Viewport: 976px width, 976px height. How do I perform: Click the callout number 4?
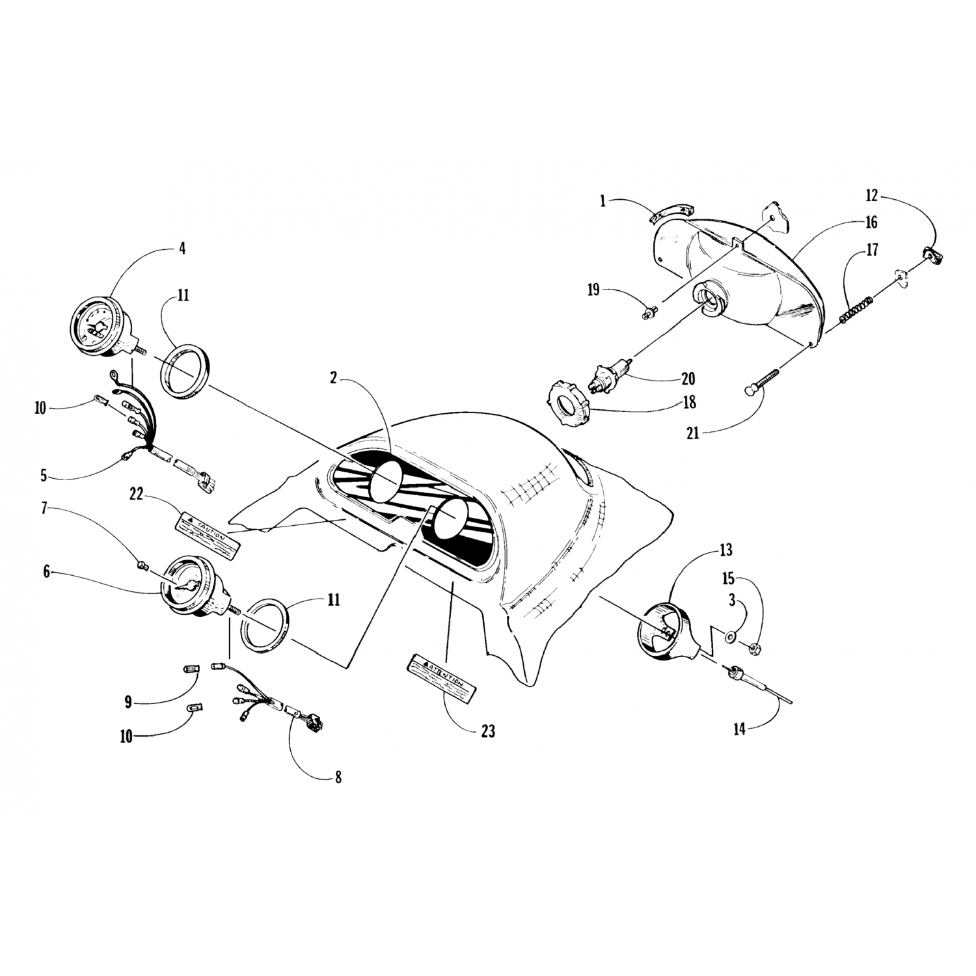[x=182, y=248]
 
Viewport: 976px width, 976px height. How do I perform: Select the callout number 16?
[x=871, y=223]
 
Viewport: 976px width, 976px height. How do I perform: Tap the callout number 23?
[x=488, y=731]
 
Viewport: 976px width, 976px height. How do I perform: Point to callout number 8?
[x=338, y=777]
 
